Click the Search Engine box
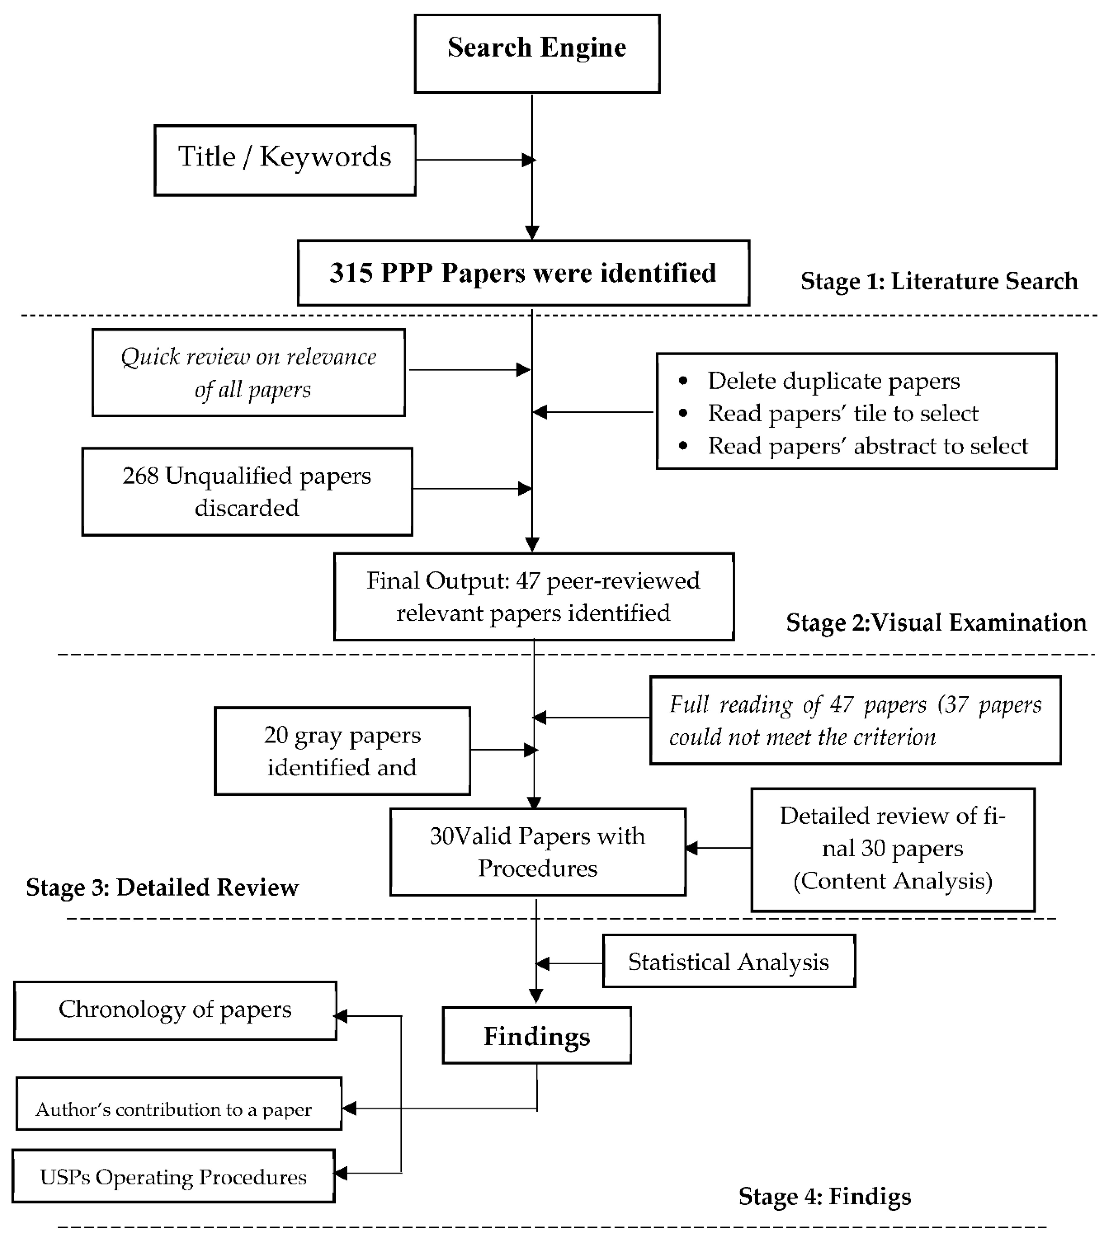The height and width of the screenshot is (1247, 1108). (536, 54)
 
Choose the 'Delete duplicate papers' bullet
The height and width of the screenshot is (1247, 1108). (833, 381)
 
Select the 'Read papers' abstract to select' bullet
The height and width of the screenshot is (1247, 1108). (867, 446)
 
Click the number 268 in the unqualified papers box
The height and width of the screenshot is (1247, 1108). (140, 476)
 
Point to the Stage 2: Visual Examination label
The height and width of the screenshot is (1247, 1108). (936, 623)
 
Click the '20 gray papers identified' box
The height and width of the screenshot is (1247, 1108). (342, 751)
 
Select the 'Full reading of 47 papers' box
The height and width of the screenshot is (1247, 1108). (855, 721)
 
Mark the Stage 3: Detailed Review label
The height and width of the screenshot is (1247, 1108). (162, 888)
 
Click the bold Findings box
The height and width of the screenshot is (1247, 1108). (536, 1037)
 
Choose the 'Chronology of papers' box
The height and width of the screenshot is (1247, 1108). (175, 1010)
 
